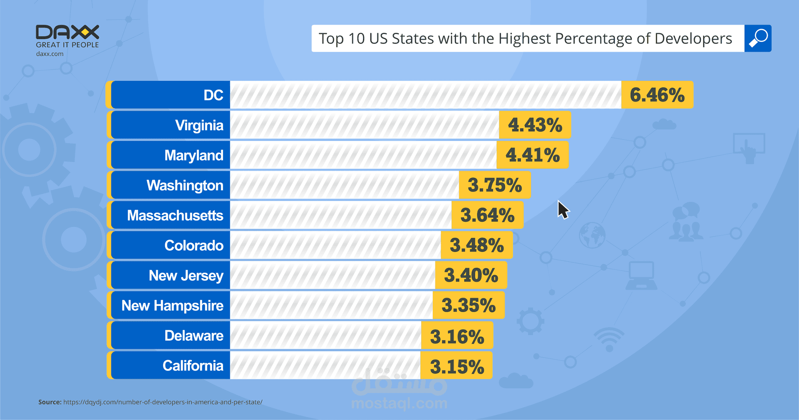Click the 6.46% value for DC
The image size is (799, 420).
657,95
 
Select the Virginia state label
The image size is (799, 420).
199,125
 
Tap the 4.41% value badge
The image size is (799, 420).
532,155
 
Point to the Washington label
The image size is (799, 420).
185,185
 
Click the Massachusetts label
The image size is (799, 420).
175,216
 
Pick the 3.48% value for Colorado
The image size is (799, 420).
476,246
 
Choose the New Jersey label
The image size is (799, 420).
186,276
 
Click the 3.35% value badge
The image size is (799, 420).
468,306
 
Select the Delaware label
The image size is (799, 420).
194,336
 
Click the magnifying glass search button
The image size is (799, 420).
758,38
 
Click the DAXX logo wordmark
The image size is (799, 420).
67,32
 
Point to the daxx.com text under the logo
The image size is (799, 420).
50,54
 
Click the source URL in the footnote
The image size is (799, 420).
163,402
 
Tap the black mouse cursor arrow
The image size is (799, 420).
563,209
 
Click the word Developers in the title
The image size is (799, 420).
693,38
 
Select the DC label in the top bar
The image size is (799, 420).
213,95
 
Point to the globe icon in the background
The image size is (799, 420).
592,235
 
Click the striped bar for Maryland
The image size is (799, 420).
363,155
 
